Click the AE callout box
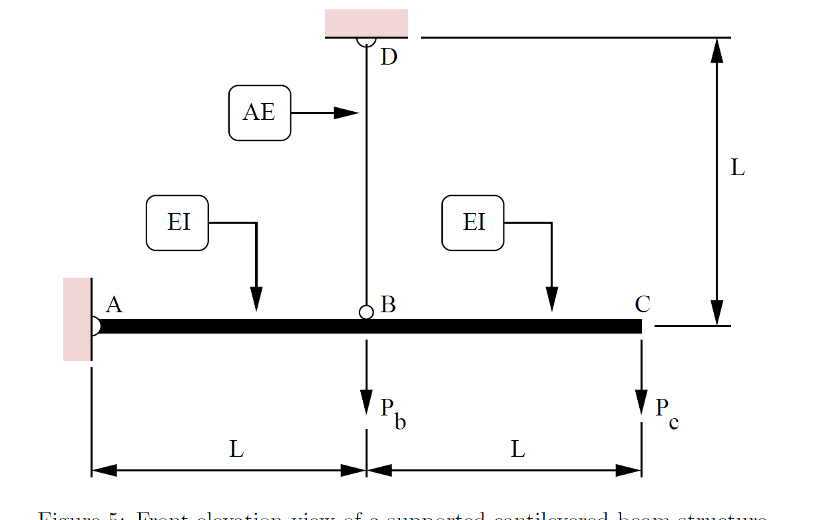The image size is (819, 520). [260, 113]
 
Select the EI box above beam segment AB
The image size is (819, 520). [177, 222]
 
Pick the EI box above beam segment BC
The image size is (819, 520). [473, 222]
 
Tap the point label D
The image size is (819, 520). [388, 57]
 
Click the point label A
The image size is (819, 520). [114, 305]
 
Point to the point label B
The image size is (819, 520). [388, 305]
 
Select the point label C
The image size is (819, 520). [643, 305]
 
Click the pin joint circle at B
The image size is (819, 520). [366, 312]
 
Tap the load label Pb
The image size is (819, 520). [393, 413]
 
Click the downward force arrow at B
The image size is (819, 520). [366, 380]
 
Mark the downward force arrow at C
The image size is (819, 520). [641, 380]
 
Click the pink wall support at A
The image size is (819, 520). [77, 320]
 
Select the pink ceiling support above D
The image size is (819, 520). [366, 23]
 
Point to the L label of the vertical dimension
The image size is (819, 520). [737, 168]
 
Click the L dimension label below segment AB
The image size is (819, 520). [236, 450]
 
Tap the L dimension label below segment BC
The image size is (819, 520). [518, 450]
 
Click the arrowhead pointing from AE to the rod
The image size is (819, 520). [346, 113]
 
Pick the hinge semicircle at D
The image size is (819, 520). [366, 41]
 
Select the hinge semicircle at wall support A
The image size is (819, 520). [95, 326]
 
